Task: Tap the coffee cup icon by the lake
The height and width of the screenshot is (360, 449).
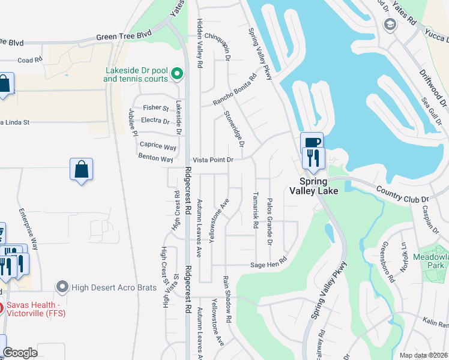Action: click(312, 143)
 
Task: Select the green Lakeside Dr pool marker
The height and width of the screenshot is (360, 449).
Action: click(177, 74)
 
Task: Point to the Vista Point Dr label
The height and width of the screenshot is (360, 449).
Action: click(212, 160)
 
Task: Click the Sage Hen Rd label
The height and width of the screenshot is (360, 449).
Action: click(268, 263)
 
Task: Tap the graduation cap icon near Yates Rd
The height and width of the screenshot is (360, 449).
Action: click(390, 25)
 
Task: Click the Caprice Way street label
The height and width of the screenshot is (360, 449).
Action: click(158, 146)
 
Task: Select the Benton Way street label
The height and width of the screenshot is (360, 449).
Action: click(155, 159)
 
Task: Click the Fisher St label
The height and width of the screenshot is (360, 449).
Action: click(156, 108)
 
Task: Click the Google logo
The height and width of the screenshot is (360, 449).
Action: click(20, 353)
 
